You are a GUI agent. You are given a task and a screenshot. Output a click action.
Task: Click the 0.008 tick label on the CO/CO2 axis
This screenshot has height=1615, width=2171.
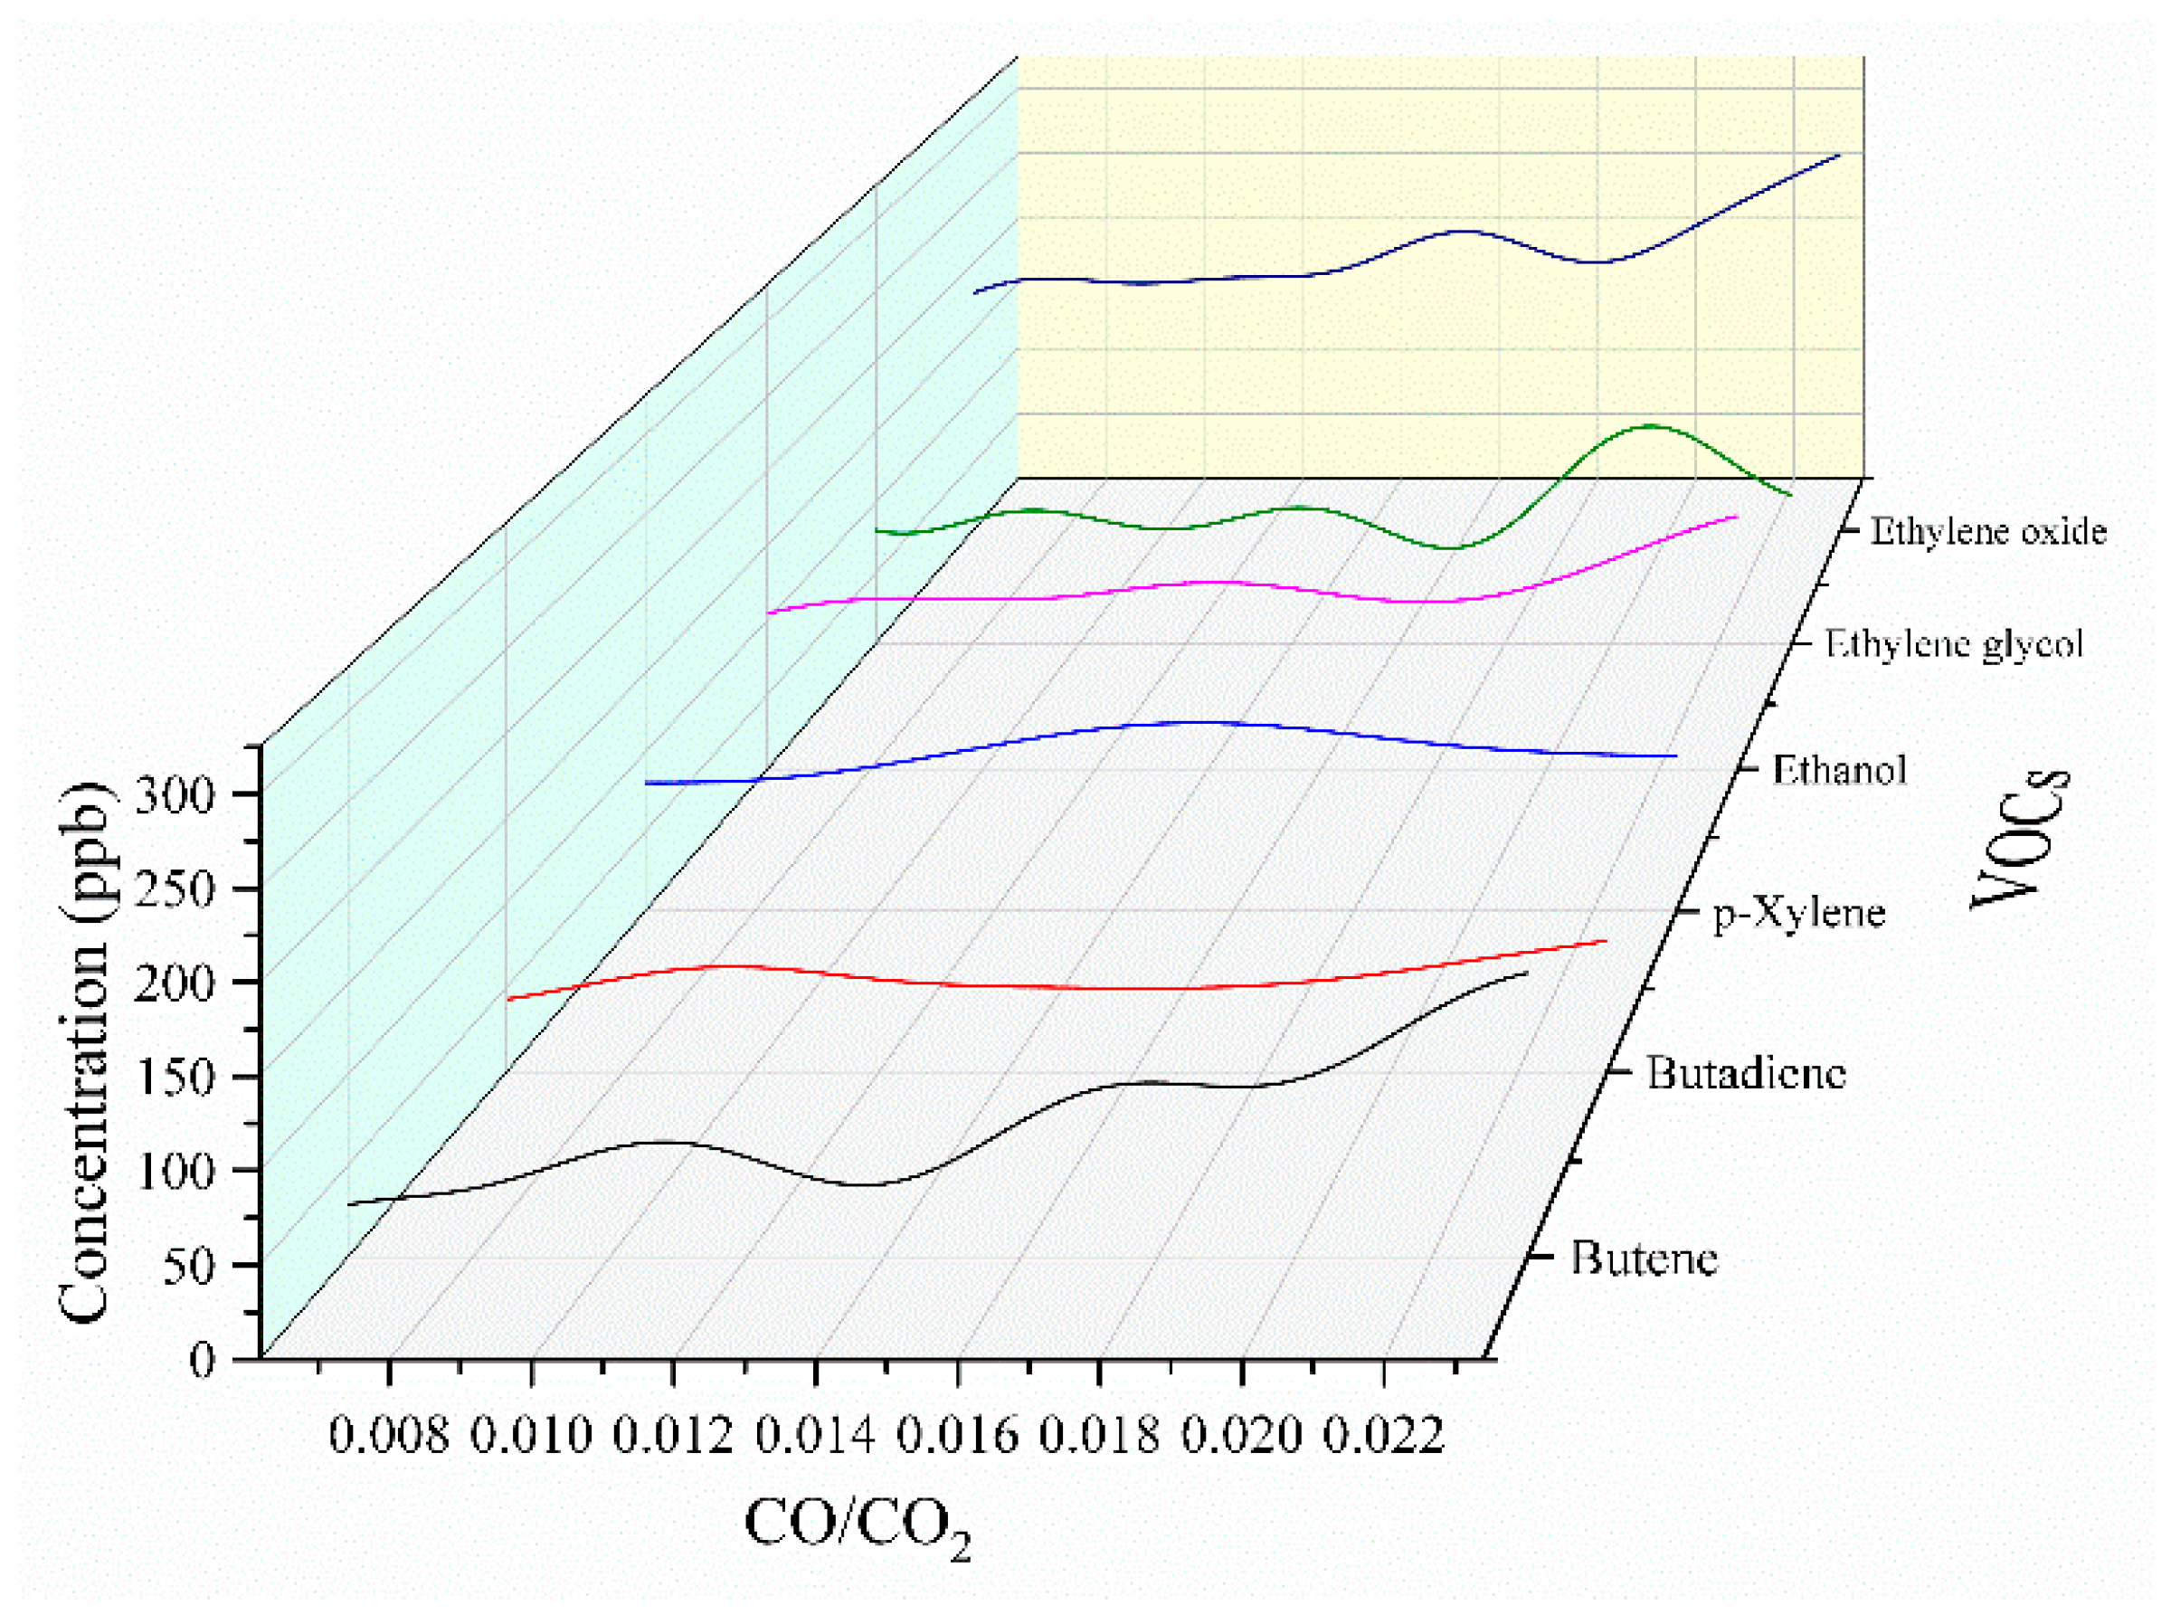point(388,1436)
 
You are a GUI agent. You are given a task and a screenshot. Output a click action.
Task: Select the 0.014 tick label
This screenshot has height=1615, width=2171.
point(815,1436)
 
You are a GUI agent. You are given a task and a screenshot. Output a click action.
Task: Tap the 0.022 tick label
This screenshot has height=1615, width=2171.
point(1383,1436)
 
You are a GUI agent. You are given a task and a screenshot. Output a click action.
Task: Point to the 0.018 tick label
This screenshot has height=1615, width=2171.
point(1100,1436)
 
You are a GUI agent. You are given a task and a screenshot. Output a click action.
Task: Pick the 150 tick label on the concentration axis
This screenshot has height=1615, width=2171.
point(173,1078)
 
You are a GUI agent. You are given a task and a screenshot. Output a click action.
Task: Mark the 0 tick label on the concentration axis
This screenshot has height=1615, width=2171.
point(202,1360)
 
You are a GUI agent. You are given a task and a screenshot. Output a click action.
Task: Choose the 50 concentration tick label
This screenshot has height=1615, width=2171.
point(186,1267)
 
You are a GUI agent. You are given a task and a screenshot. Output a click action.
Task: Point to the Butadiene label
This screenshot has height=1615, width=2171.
point(1746,1073)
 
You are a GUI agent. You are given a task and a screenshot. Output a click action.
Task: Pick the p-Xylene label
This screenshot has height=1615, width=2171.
point(1798,913)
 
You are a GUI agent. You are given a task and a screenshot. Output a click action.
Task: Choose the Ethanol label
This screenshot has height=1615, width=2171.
point(1839,770)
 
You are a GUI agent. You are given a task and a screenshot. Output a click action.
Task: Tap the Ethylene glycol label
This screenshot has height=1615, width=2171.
point(1954,644)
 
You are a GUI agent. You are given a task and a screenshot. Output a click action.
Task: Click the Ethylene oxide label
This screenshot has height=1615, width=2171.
point(1988,532)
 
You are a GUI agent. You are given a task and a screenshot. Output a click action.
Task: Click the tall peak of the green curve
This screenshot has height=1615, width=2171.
point(1651,426)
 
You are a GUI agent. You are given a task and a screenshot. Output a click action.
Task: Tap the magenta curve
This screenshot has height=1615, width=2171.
point(1212,583)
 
